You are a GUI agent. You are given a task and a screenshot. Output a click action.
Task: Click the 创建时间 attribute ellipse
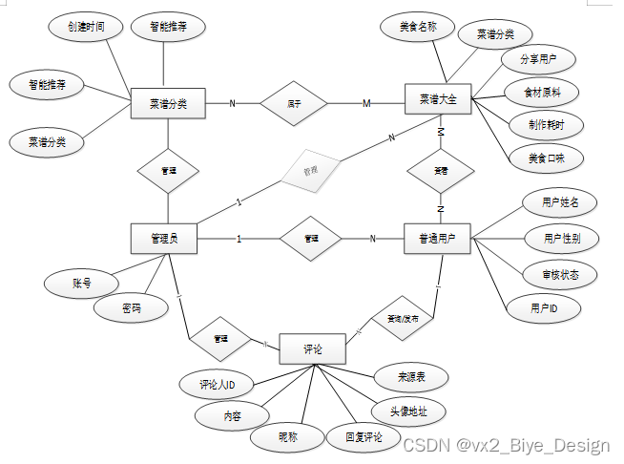[x=87, y=28]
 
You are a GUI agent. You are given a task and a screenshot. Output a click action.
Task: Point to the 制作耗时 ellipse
[x=544, y=124]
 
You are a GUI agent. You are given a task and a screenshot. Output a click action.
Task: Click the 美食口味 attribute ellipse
[x=539, y=157]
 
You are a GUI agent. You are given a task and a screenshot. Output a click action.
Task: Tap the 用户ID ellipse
[x=544, y=308]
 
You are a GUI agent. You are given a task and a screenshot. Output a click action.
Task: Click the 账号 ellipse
[x=82, y=284]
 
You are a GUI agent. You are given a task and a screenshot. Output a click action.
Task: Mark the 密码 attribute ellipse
[x=131, y=308]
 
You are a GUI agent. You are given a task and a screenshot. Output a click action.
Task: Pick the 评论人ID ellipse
[x=217, y=385]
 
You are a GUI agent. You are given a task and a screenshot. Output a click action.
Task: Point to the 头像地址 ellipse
[x=408, y=412]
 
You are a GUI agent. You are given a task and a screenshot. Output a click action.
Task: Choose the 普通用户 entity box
[x=438, y=239]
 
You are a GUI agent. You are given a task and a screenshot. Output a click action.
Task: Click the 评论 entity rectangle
[x=311, y=349]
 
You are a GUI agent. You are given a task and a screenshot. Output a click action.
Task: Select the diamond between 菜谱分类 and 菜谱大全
[x=293, y=102]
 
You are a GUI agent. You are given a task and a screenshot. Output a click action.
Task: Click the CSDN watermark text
[x=506, y=445]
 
